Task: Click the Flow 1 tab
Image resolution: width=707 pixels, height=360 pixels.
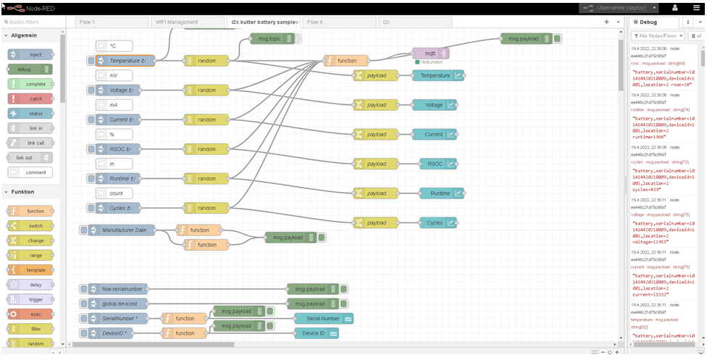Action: click(87, 22)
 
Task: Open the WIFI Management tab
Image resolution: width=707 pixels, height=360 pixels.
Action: click(177, 22)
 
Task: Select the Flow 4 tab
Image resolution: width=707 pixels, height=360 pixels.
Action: click(316, 22)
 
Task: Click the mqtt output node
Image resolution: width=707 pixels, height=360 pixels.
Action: click(430, 53)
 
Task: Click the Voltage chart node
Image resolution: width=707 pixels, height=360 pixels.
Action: click(435, 105)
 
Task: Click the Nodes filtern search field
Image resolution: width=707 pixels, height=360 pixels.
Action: click(35, 22)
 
